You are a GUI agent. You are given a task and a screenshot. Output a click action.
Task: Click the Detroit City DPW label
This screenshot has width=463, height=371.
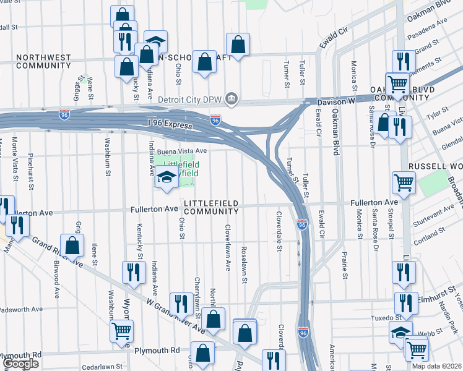(x=191, y=99)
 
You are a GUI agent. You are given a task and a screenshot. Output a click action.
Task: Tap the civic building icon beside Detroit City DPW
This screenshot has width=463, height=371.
(x=231, y=98)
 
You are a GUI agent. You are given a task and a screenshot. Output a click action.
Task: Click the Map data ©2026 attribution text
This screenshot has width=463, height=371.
(x=436, y=366)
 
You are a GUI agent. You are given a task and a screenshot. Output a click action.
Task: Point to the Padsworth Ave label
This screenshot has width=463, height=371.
(x=21, y=309)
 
